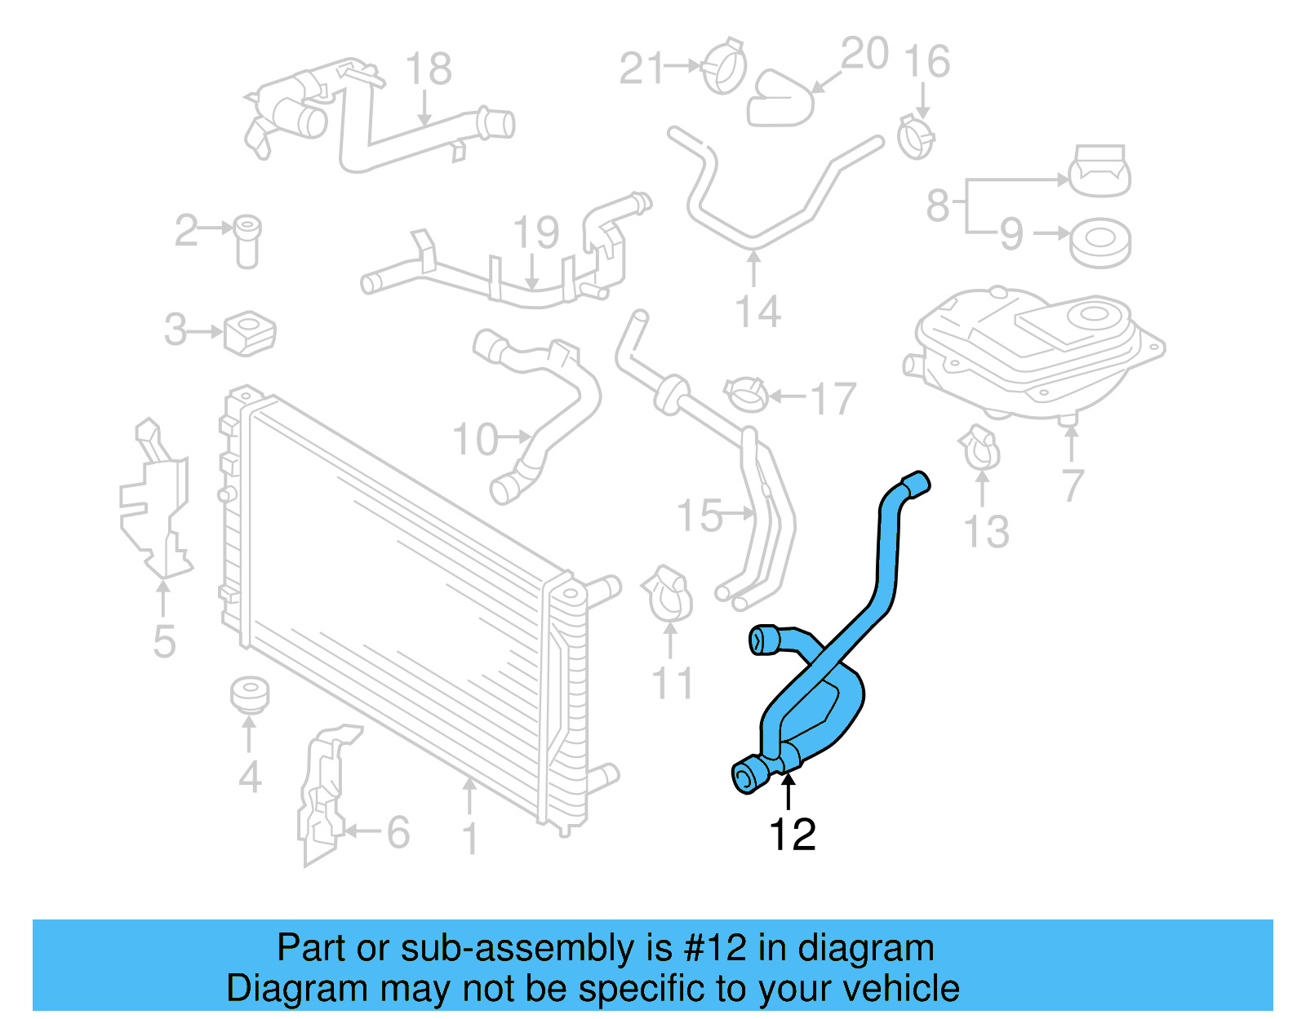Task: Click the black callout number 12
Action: pyautogui.click(x=792, y=835)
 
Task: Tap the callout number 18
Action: pyautogui.click(x=429, y=69)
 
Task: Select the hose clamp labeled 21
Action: pyautogui.click(x=725, y=65)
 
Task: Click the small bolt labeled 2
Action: pyautogui.click(x=247, y=241)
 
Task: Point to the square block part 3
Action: pyautogui.click(x=250, y=333)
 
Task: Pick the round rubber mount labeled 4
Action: pyautogui.click(x=249, y=694)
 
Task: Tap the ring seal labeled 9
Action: pyautogui.click(x=1099, y=242)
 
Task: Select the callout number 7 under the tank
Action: pyautogui.click(x=1073, y=485)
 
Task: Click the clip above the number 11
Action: pyautogui.click(x=669, y=592)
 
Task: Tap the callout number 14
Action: pyautogui.click(x=758, y=312)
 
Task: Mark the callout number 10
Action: pyautogui.click(x=475, y=440)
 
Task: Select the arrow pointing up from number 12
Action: pyautogui.click(x=788, y=791)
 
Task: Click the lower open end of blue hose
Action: pyautogui.click(x=744, y=777)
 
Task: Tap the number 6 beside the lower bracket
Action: pyautogui.click(x=398, y=832)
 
